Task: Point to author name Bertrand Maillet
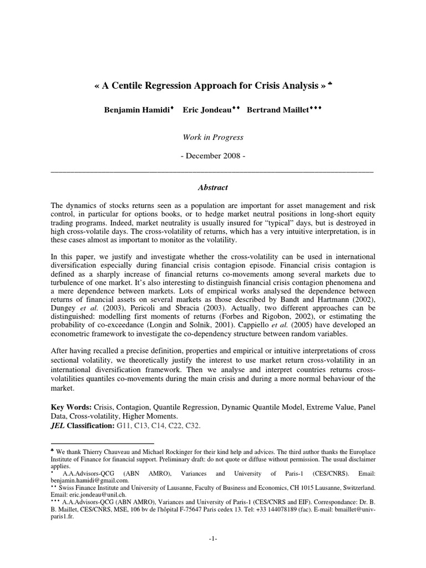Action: (276, 110)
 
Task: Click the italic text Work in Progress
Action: (212, 137)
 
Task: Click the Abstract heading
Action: (212, 187)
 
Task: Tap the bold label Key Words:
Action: (71, 407)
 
